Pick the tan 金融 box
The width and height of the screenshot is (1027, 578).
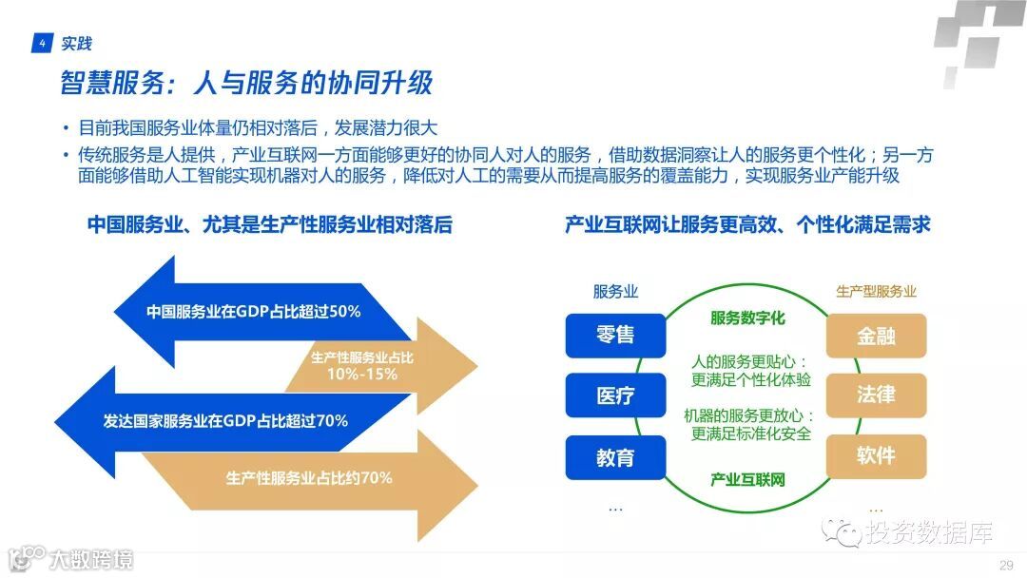point(876,336)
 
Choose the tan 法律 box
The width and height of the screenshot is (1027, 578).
point(876,395)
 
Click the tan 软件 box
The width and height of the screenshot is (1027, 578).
point(876,455)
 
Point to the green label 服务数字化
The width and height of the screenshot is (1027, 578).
point(747,318)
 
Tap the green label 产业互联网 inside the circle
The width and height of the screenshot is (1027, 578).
point(747,479)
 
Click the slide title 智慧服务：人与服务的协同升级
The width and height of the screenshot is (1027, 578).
point(246,84)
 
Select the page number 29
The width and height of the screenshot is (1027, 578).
point(1005,566)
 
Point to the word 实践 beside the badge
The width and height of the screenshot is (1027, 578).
point(76,43)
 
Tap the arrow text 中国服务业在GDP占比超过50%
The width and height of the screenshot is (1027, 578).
point(253,311)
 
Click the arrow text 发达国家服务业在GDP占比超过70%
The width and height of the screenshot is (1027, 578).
point(225,420)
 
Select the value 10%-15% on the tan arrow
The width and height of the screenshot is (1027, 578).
point(361,374)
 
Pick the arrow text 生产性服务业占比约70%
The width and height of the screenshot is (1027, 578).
point(309,477)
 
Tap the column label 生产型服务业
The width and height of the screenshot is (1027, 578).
point(876,292)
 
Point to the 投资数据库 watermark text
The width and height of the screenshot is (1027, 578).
point(928,533)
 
